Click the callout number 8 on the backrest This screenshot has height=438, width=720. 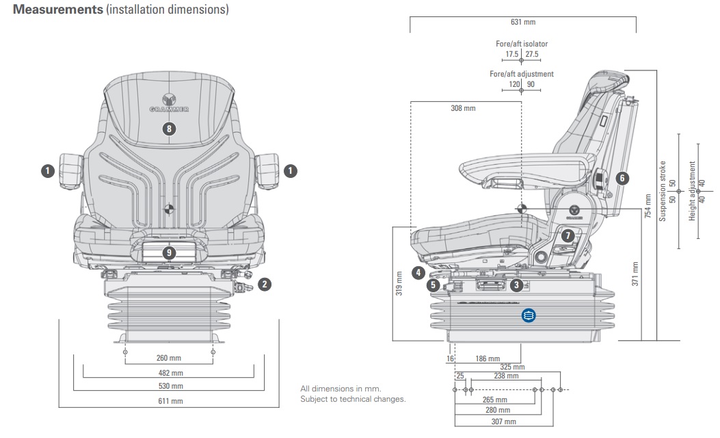click(170, 128)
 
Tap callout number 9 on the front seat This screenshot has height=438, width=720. click(170, 253)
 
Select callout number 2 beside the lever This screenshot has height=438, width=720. click(265, 283)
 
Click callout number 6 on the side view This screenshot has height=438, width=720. click(622, 178)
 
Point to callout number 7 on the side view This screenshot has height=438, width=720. click(567, 235)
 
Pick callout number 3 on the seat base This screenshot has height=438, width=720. click(517, 284)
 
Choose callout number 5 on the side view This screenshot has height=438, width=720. click(432, 285)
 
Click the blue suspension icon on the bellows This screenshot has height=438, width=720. click(528, 315)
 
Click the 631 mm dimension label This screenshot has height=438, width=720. click(522, 22)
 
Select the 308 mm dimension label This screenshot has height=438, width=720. click(463, 108)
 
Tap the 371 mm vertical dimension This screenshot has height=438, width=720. click(635, 274)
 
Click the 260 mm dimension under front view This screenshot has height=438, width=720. click(168, 358)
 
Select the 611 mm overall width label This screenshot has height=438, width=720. click(168, 401)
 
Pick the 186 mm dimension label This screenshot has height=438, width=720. click(488, 359)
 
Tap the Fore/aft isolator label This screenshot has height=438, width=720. click(522, 44)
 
